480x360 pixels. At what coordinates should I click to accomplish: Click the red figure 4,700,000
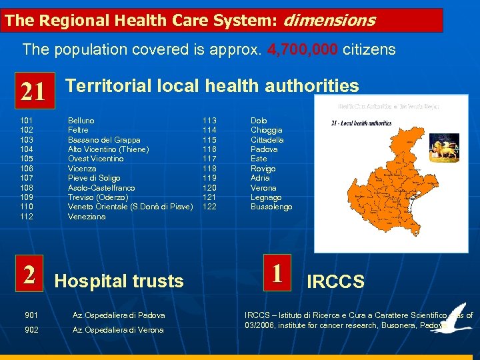303,49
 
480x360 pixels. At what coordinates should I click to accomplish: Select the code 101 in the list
27,121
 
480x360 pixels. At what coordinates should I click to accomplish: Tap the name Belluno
81,121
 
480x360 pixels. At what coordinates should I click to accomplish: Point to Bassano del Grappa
104,140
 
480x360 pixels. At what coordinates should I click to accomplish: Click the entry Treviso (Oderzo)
98,197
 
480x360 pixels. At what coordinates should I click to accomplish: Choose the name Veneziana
87,217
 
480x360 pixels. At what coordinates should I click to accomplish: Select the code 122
209,207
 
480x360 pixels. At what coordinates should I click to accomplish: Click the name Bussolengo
271,207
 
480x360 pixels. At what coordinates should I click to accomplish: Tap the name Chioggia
266,130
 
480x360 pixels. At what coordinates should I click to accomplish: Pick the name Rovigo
263,169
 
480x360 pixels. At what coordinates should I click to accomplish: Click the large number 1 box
278,273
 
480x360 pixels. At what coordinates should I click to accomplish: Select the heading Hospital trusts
119,281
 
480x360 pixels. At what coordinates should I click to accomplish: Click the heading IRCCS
335,282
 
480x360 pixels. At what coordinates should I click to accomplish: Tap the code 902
31,330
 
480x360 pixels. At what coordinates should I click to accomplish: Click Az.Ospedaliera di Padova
119,315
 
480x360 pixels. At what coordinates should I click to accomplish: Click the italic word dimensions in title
329,21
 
